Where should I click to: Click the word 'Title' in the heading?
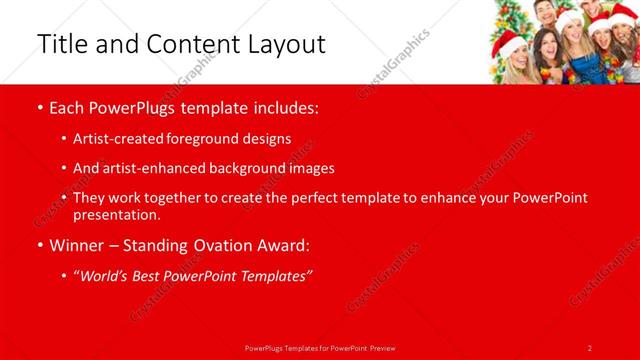[62, 44]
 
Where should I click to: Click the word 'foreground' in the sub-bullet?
[225, 138]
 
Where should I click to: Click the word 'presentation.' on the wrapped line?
[116, 214]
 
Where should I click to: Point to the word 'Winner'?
[77, 245]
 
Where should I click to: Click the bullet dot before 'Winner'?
[39, 245]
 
